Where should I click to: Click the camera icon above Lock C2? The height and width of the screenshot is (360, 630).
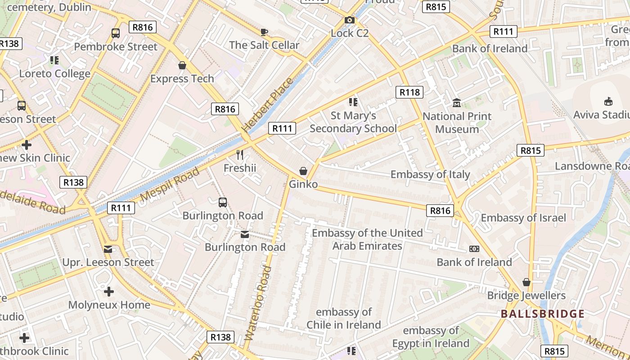click(349, 20)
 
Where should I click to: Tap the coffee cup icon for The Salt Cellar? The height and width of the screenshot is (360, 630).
click(264, 32)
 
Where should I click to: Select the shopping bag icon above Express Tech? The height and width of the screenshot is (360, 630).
click(182, 66)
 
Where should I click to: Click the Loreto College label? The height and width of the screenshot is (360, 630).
click(55, 73)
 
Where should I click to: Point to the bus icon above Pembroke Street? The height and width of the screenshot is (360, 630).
click(116, 33)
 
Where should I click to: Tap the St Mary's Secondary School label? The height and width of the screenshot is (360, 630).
click(353, 122)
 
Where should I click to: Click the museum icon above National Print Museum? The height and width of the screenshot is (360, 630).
click(457, 103)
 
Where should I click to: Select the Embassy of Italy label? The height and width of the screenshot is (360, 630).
click(430, 174)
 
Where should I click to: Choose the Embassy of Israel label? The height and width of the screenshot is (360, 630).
click(523, 218)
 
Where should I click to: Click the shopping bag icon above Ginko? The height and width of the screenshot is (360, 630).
click(303, 171)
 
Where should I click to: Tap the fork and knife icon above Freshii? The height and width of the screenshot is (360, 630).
click(240, 155)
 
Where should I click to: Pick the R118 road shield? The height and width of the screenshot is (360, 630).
click(409, 92)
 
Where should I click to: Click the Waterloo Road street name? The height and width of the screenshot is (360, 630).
click(259, 303)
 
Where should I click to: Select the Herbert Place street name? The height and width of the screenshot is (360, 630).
click(269, 105)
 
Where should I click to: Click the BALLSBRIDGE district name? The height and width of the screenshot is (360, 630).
click(542, 314)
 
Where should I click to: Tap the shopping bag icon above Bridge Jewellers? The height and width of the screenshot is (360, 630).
click(526, 282)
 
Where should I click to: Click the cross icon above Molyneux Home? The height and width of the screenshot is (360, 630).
click(109, 292)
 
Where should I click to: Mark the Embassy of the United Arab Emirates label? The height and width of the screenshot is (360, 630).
click(367, 239)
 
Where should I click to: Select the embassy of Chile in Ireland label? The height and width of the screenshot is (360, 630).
click(344, 318)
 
